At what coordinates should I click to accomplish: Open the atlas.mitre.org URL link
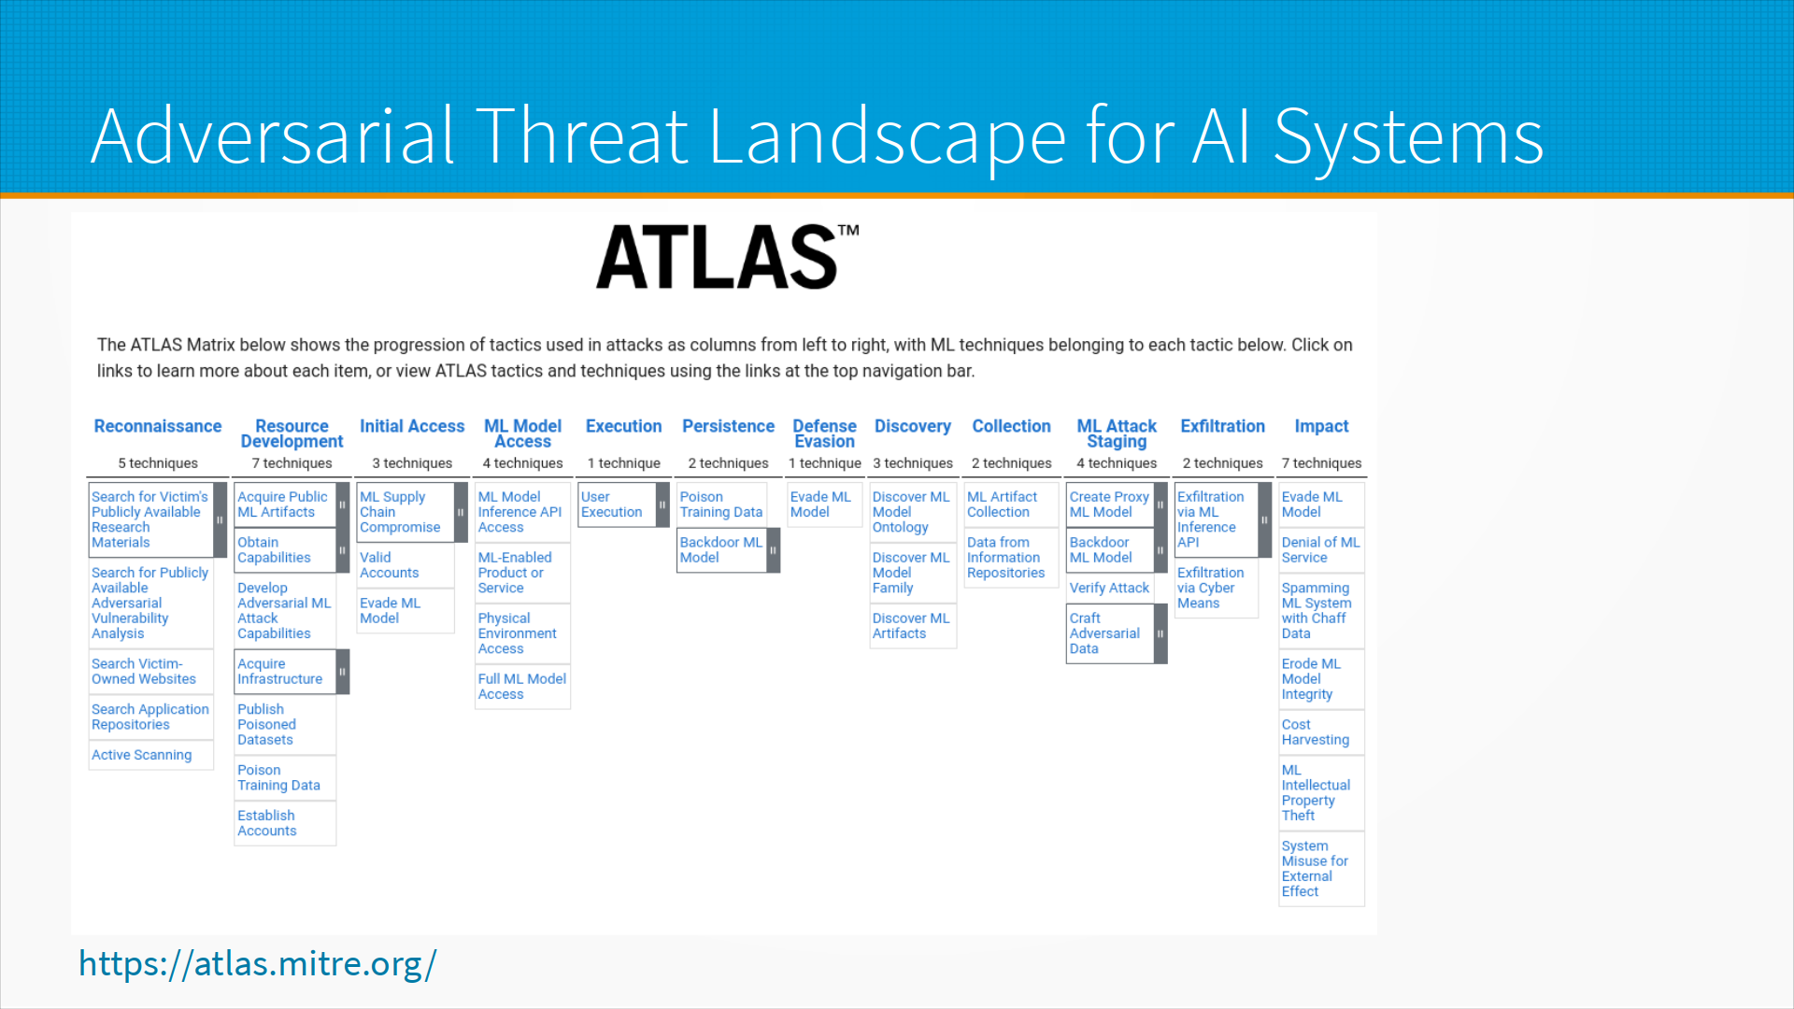[257, 963]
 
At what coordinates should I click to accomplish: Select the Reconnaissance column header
[158, 426]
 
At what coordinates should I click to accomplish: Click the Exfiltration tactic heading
[1222, 426]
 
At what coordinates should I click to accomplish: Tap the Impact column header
[1321, 427]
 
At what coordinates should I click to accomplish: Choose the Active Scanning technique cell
[151, 755]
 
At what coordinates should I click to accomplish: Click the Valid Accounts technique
[406, 565]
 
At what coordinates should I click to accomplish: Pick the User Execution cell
[618, 504]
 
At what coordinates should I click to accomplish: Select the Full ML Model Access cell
[522, 687]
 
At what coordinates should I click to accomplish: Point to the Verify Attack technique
[1110, 588]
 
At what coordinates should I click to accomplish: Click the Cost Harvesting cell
[1321, 732]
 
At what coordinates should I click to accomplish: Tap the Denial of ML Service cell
[1321, 550]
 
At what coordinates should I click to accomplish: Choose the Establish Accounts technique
[285, 823]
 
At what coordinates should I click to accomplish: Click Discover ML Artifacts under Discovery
[913, 626]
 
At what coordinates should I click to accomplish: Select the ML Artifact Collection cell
[1011, 504]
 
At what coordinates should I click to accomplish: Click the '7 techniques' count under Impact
[1321, 463]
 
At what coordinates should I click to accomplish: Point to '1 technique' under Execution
[623, 463]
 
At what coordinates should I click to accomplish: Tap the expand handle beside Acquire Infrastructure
[343, 672]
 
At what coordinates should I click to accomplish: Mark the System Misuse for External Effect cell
[1321, 868]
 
